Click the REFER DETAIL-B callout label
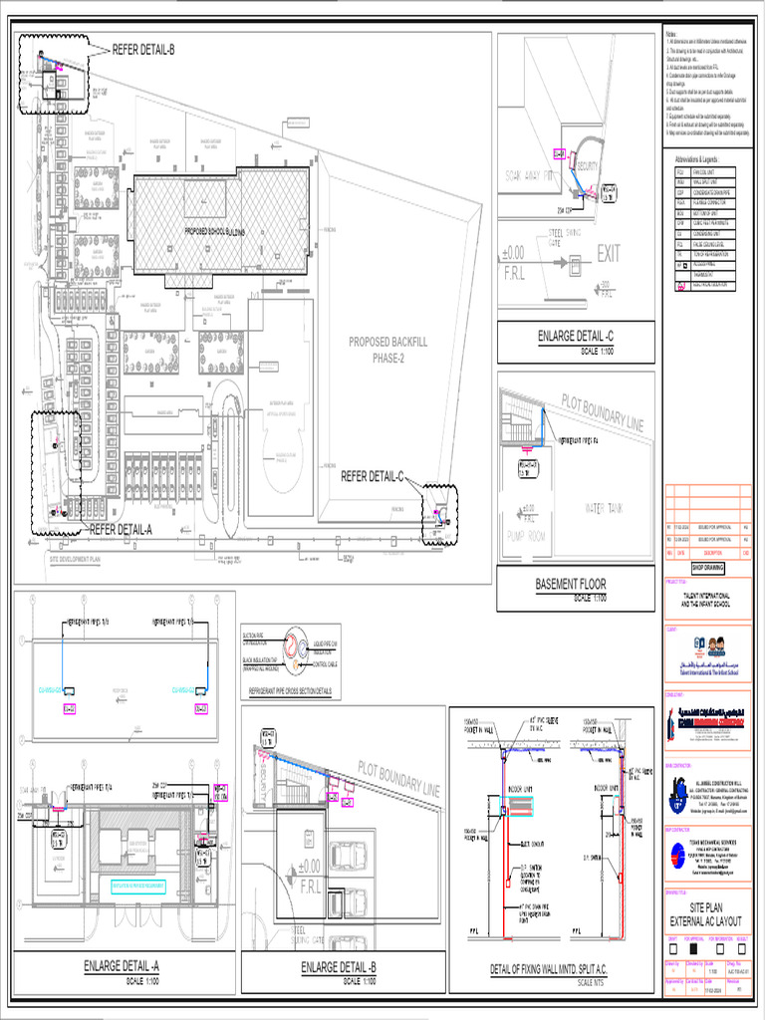[x=142, y=49]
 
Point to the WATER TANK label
[x=609, y=507]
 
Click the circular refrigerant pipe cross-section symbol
[x=296, y=644]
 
